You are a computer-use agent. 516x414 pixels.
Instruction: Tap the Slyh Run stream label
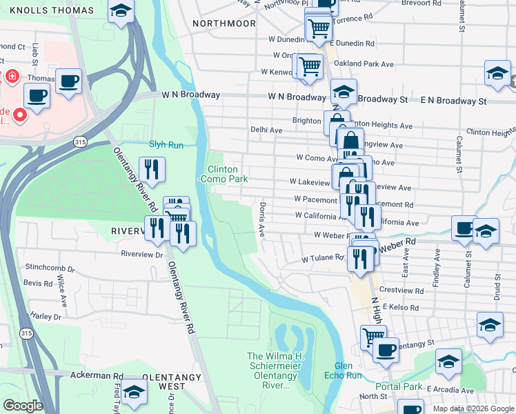coord(166,145)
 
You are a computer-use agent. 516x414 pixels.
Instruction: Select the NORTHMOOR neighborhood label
coord(224,23)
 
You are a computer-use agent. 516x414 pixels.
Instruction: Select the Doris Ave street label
coord(263,219)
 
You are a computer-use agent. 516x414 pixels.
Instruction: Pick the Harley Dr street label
coord(46,317)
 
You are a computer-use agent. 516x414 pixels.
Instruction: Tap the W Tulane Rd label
coord(322,259)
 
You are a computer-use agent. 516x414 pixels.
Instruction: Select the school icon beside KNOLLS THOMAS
coord(121,11)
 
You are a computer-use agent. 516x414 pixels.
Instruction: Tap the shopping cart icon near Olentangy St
coord(373,336)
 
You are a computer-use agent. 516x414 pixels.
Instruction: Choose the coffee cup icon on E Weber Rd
coord(465,227)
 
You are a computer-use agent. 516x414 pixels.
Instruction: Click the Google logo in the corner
coord(23,405)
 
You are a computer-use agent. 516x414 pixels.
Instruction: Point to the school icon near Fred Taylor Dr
coord(136,393)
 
